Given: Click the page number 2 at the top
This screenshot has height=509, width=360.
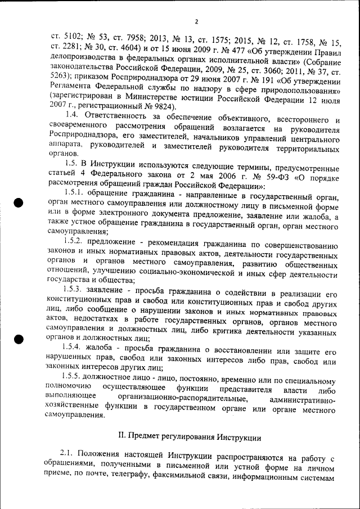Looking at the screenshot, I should tap(196, 22).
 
